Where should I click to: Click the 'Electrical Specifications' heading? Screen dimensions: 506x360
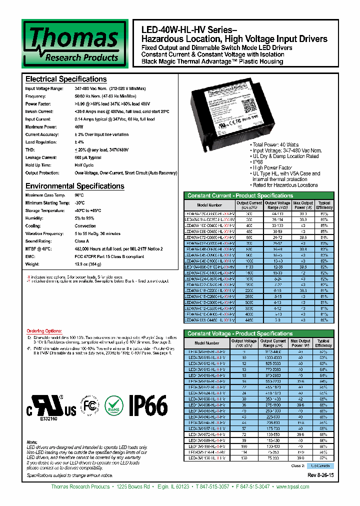click(x=65, y=79)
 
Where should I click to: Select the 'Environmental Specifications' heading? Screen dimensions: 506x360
click(x=74, y=186)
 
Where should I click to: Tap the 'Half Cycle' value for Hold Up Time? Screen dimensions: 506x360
click(x=84, y=164)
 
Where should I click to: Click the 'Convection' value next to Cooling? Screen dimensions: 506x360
click(x=85, y=225)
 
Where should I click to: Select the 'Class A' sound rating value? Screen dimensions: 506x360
click(x=82, y=241)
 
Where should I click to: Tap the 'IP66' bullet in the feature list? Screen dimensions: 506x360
click(x=258, y=162)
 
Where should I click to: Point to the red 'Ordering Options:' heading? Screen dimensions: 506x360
click(x=43, y=331)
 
